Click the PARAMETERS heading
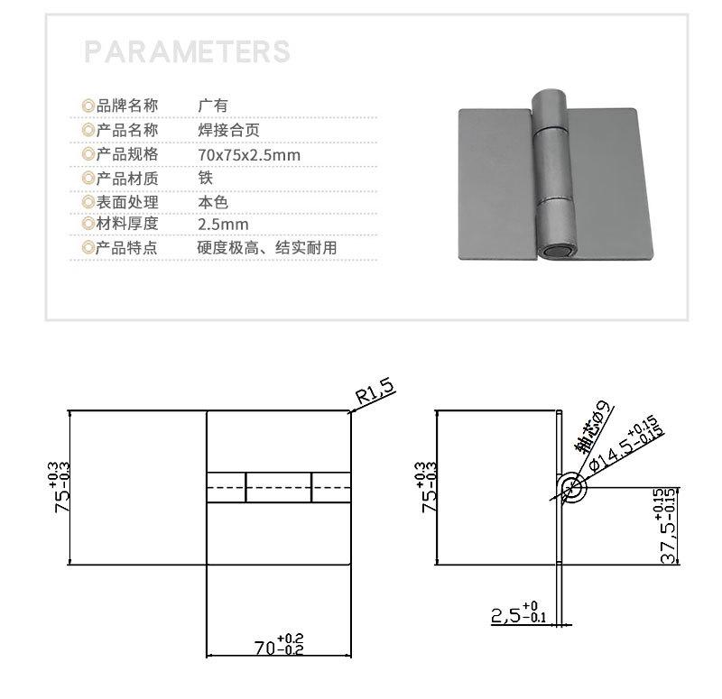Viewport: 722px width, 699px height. point(187,51)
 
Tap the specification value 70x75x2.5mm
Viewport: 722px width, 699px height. point(248,154)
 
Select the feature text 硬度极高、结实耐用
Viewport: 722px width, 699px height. point(266,248)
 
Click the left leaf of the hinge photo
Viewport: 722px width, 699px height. point(496,185)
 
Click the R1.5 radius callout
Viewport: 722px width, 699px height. point(375,392)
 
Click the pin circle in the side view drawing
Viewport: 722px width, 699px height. point(570,488)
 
